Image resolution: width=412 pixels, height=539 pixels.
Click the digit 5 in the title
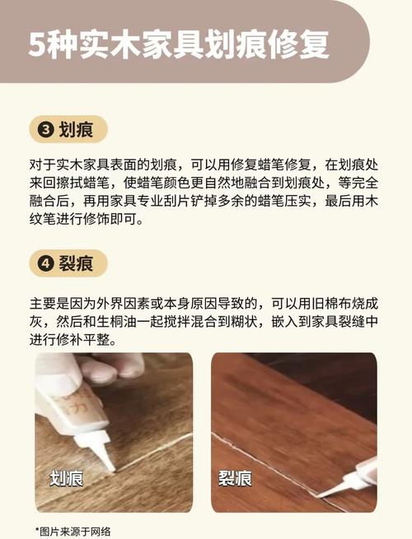pyautogui.click(x=36, y=45)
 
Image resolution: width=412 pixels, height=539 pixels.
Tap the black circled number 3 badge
pyautogui.click(x=45, y=129)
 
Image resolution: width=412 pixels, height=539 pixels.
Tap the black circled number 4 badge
pyautogui.click(x=45, y=263)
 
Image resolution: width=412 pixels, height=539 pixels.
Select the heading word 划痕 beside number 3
pyautogui.click(x=76, y=129)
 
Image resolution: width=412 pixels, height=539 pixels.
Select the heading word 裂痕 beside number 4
pyautogui.click(x=76, y=263)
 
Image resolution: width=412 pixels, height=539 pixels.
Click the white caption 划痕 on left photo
pyautogui.click(x=67, y=478)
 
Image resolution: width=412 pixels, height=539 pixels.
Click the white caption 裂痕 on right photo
pyautogui.click(x=235, y=478)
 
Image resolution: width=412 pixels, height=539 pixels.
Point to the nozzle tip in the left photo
pyautogui.click(x=113, y=470)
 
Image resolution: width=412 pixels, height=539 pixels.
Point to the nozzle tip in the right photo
pyautogui.click(x=321, y=495)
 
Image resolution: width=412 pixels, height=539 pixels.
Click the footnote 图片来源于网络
pyautogui.click(x=75, y=532)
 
